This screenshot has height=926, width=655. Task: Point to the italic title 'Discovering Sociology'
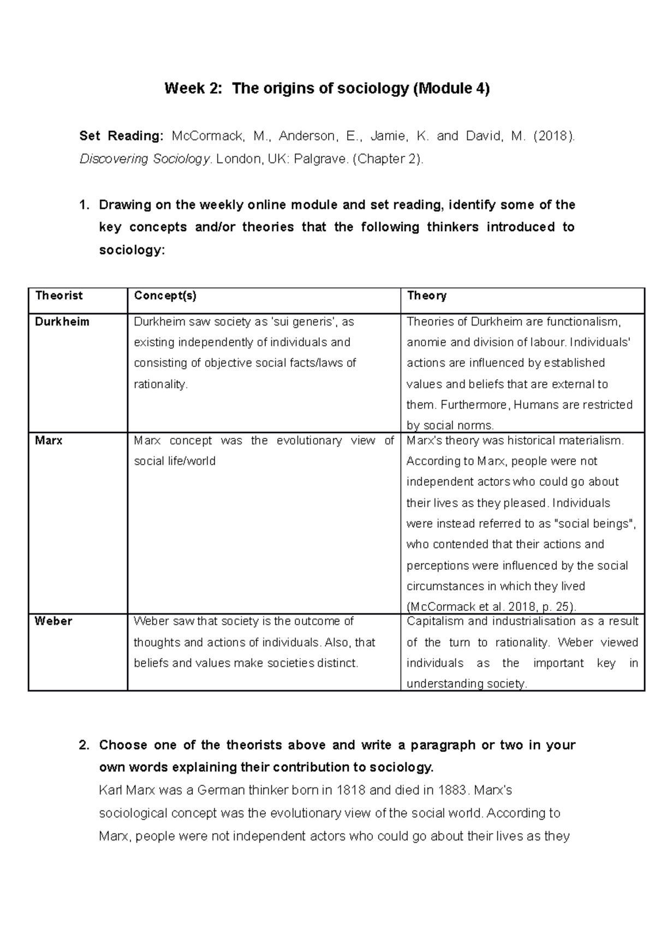145,159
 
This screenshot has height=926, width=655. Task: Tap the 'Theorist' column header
58,296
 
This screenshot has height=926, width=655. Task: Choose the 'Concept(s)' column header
165,296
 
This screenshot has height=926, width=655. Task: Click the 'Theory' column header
427,296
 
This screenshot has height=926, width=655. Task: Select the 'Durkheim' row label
62,322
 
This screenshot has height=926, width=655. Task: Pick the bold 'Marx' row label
49,441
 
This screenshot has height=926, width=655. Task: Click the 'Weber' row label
53,621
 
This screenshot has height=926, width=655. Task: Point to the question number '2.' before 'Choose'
84,745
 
